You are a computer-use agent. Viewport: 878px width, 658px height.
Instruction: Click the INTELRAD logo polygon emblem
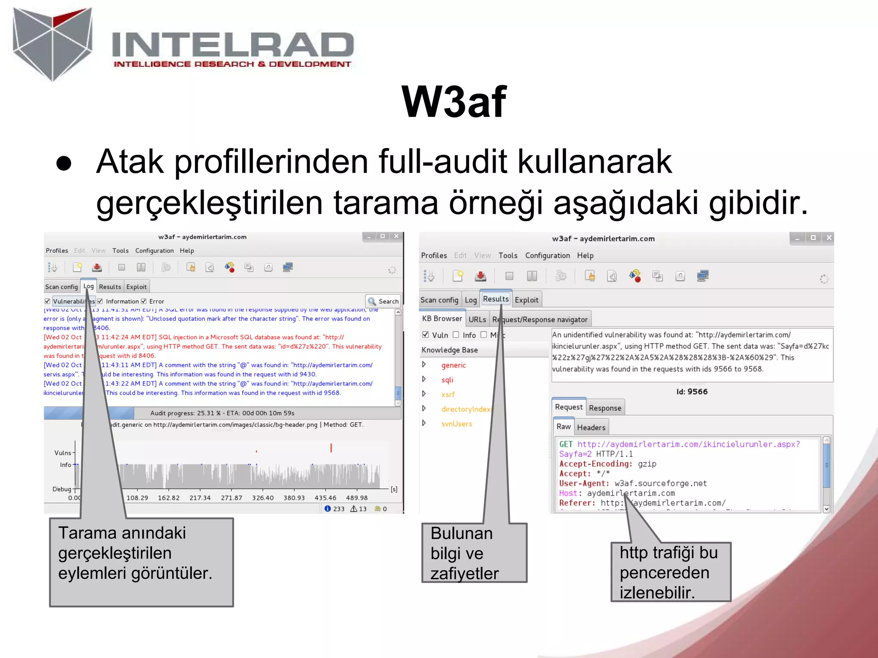pyautogui.click(x=52, y=43)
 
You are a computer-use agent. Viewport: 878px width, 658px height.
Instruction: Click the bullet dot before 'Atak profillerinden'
pyautogui.click(x=64, y=163)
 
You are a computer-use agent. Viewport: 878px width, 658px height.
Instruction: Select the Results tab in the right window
pyautogui.click(x=496, y=299)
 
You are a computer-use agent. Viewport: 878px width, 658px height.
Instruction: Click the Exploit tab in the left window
pyautogui.click(x=136, y=287)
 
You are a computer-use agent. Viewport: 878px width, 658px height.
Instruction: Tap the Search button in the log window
pyautogui.click(x=383, y=301)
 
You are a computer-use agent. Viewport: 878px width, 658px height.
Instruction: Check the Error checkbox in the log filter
pyautogui.click(x=144, y=301)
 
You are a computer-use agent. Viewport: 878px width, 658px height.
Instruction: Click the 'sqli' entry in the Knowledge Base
pyautogui.click(x=447, y=380)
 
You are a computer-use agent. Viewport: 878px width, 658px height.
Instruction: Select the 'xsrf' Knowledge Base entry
pyautogui.click(x=448, y=394)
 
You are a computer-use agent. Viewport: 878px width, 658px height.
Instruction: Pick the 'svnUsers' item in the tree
pyautogui.click(x=457, y=424)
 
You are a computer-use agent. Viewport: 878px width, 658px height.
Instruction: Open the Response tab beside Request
pyautogui.click(x=604, y=408)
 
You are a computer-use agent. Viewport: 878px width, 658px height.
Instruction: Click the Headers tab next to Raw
pyautogui.click(x=591, y=427)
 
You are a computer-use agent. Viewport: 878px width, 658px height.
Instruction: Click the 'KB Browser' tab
pyautogui.click(x=442, y=318)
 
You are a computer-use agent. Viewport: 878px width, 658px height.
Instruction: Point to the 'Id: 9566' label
pyautogui.click(x=692, y=392)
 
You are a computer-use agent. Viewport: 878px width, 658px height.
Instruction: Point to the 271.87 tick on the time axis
pyautogui.click(x=232, y=498)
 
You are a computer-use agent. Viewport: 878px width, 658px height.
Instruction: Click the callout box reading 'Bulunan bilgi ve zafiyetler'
pyautogui.click(x=474, y=553)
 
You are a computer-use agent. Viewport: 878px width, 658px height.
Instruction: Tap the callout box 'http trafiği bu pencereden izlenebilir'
pyautogui.click(x=671, y=572)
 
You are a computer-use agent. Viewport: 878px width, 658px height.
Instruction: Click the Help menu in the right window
pyautogui.click(x=585, y=255)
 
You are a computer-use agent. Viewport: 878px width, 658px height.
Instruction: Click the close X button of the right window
pyautogui.click(x=829, y=238)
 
